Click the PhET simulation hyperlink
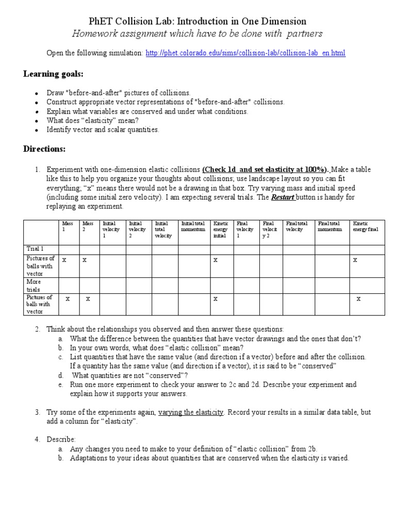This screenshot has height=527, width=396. (x=245, y=53)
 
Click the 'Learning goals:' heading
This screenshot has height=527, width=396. (x=53, y=74)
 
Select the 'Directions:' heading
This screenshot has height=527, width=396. (x=44, y=149)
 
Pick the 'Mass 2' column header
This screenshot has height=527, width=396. (x=88, y=226)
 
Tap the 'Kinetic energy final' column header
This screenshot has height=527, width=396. (x=366, y=226)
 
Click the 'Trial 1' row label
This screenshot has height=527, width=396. (x=36, y=249)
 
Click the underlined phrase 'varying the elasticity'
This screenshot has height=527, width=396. (x=191, y=413)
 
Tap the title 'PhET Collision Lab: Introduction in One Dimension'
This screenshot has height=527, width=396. (x=197, y=21)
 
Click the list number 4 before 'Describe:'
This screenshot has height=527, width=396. (x=37, y=440)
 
